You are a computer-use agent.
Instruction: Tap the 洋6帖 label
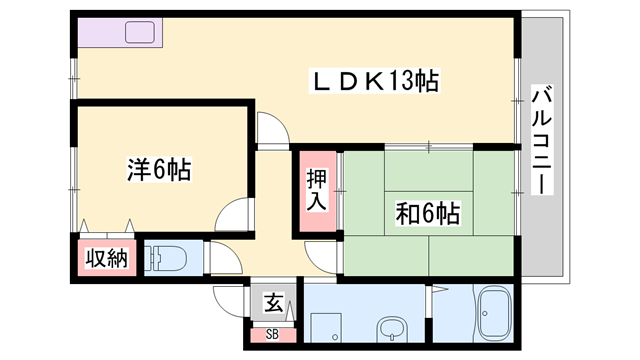[159, 169]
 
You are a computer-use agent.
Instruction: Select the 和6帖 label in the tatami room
[428, 214]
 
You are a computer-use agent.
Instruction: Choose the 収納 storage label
[106, 258]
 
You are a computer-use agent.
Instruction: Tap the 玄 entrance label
[272, 301]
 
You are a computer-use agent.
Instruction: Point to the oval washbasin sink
[388, 327]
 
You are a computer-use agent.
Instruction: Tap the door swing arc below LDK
[271, 130]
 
